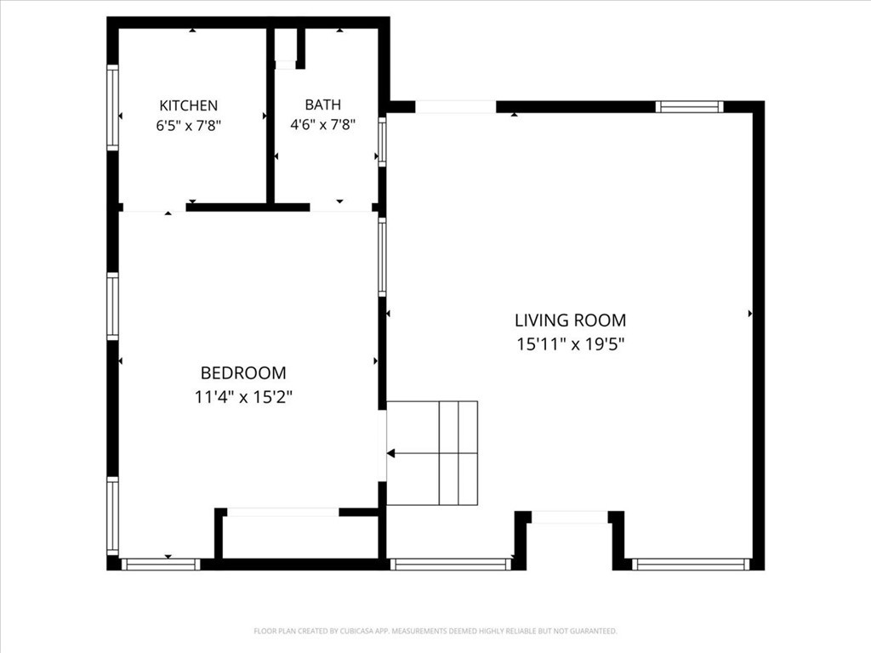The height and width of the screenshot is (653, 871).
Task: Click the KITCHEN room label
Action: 188,105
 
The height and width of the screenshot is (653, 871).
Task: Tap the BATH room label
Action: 322,105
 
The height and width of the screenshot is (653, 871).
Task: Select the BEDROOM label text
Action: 243,372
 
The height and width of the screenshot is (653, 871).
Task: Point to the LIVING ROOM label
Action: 571,321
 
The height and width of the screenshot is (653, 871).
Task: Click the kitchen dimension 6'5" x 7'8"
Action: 188,126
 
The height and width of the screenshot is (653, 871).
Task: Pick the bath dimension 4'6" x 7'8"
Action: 322,124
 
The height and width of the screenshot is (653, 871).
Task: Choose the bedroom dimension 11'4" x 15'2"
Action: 243,397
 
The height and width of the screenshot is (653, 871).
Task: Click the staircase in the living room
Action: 432,453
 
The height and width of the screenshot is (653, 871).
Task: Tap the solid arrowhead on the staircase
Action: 390,454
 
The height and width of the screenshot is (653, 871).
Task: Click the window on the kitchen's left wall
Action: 113,107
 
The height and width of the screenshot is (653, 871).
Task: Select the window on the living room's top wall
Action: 689,106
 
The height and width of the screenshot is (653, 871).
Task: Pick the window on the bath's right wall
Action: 382,141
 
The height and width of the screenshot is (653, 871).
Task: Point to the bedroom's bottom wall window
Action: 161,565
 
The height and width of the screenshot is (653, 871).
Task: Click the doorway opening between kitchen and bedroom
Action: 154,207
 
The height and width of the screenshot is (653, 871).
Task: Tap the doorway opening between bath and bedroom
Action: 340,207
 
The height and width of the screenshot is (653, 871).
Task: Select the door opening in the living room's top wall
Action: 456,106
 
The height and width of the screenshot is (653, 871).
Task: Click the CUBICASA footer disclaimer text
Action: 435,631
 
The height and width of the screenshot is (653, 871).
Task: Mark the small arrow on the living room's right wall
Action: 750,314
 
